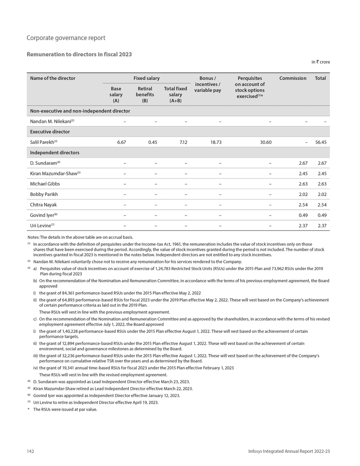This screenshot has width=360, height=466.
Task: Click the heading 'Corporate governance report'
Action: pyautogui.click(x=66, y=38)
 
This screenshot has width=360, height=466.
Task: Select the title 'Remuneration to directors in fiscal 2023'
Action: pyautogui.click(x=79, y=54)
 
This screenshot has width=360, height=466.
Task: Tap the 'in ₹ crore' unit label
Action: pyautogui.click(x=320, y=62)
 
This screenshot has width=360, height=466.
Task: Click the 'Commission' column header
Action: pyautogui.click(x=292, y=78)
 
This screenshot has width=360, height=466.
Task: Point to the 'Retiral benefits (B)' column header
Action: pyautogui.click(x=144, y=95)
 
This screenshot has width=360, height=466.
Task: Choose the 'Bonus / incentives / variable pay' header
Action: pyautogui.click(x=207, y=84)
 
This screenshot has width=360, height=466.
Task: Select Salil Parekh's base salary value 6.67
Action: pyautogui.click(x=121, y=142)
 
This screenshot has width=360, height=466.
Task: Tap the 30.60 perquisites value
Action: pyautogui.click(x=265, y=142)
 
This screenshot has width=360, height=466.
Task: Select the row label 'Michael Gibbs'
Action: pyautogui.click(x=45, y=184)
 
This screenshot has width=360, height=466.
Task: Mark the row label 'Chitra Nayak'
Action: pyautogui.click(x=44, y=205)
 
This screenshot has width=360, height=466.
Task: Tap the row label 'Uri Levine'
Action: pyautogui.click(x=41, y=226)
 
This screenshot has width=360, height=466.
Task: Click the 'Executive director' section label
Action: pyautogui.click(x=50, y=132)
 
